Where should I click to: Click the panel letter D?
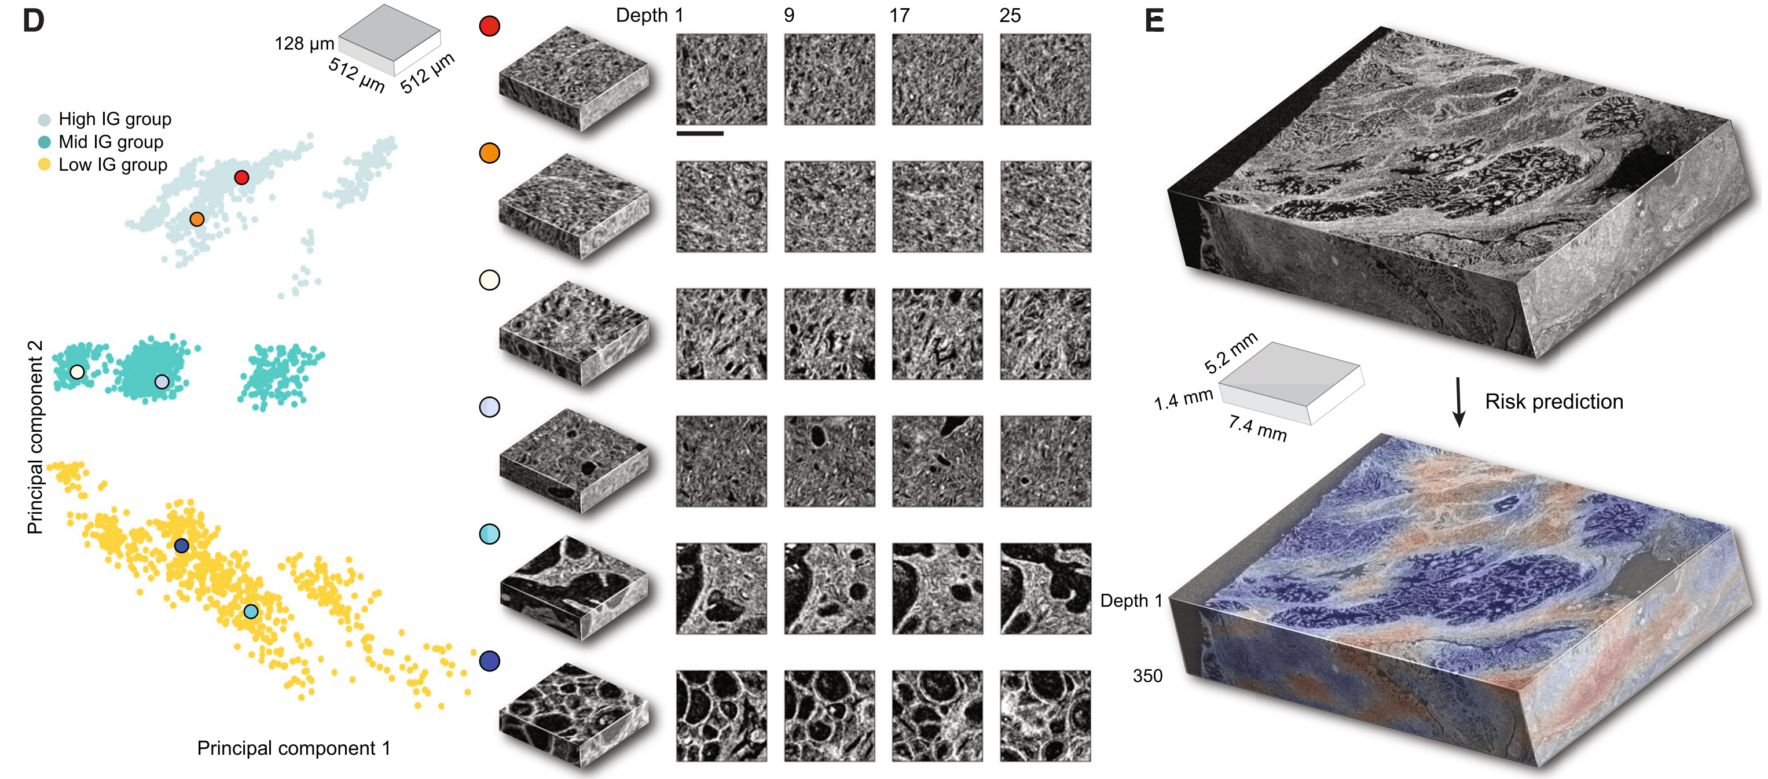33,21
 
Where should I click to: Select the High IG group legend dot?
44,119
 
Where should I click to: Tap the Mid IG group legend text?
111,142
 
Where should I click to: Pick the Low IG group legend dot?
44,165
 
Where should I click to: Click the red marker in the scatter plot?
241,178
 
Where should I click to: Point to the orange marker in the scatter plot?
197,219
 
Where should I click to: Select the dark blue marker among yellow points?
181,546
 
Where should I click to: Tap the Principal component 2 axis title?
35,437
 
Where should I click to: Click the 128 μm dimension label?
304,44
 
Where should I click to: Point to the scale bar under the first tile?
700,133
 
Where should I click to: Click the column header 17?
899,15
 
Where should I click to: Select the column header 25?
1010,15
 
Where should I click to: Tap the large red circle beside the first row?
489,26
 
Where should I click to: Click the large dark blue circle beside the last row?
489,661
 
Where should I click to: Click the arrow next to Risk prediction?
1459,402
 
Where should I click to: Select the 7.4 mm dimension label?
1257,428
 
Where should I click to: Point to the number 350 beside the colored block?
1147,676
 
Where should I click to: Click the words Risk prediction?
1554,402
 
